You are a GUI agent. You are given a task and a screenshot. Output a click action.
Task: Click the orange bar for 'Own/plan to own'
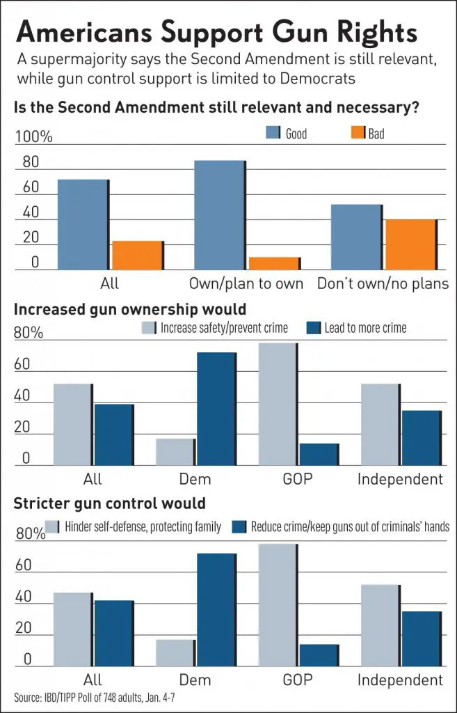coord(274,263)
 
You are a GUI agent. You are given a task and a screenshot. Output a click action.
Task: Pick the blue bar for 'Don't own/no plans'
coord(356,237)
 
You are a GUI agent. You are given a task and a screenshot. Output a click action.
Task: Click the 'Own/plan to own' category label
coord(246,283)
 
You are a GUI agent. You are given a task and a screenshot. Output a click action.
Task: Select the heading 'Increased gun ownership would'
coord(130,308)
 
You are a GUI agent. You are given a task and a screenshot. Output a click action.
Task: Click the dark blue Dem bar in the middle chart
coord(216,409)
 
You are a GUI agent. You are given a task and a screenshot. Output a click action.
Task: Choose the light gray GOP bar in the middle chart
coord(278,405)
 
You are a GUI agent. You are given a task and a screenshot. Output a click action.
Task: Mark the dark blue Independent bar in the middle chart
coord(421,438)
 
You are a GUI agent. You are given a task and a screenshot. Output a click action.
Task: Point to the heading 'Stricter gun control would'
coord(109,503)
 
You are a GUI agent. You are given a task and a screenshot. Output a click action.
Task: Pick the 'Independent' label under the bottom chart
coord(400,680)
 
